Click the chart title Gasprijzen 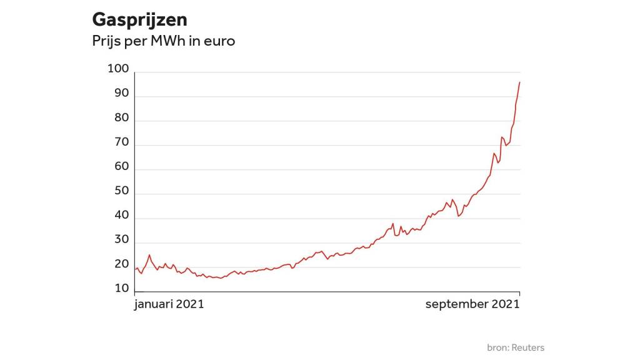(x=139, y=20)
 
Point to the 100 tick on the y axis (x=118, y=69)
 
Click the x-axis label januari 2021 (x=169, y=304)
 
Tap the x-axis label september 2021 (x=472, y=304)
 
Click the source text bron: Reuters (x=516, y=347)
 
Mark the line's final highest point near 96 (x=520, y=82)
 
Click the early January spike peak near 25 (x=149, y=255)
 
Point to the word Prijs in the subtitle (x=106, y=41)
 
